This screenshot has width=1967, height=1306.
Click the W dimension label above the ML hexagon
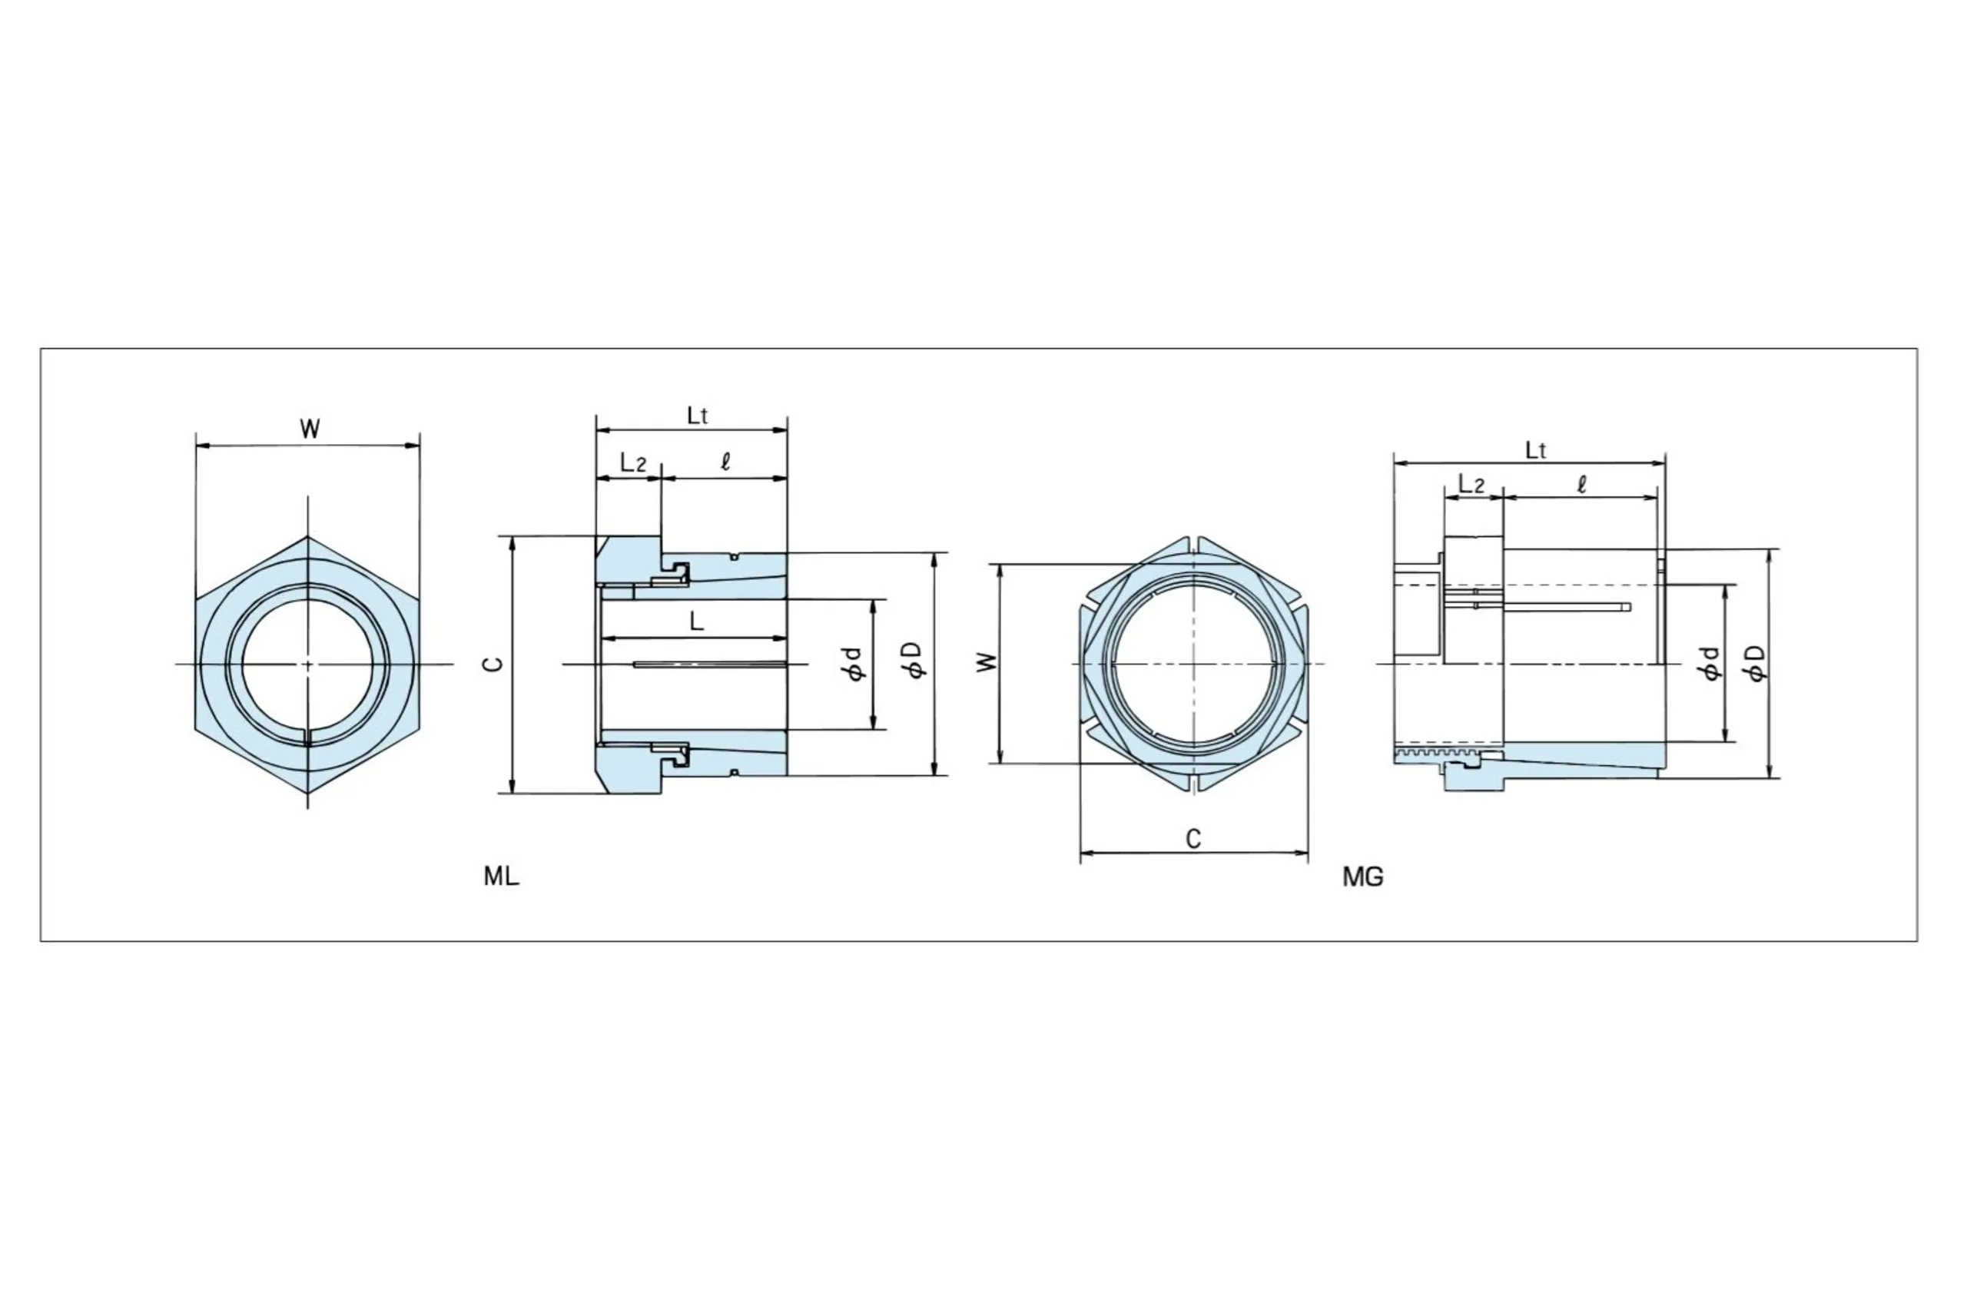[309, 429]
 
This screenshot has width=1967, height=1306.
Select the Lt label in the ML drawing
[698, 416]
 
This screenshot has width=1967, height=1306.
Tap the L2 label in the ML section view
[633, 462]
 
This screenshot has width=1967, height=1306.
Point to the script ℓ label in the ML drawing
[725, 462]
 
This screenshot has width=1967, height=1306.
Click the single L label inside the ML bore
[696, 621]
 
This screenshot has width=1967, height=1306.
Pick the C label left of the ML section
[495, 664]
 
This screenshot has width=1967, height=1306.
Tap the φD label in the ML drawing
[915, 661]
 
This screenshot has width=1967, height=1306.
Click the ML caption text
[501, 877]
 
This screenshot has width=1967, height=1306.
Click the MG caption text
[1363, 877]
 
